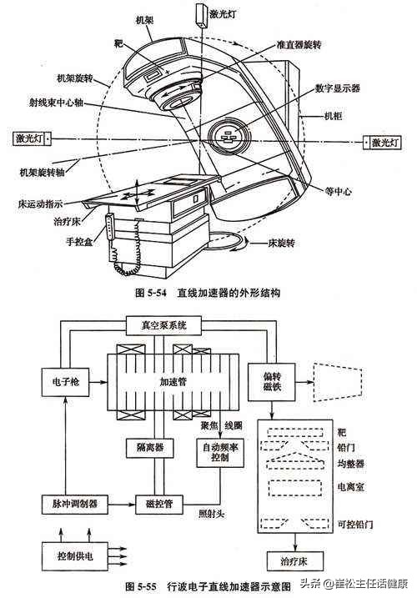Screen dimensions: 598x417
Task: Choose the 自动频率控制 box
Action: pyautogui.click(x=219, y=454)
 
